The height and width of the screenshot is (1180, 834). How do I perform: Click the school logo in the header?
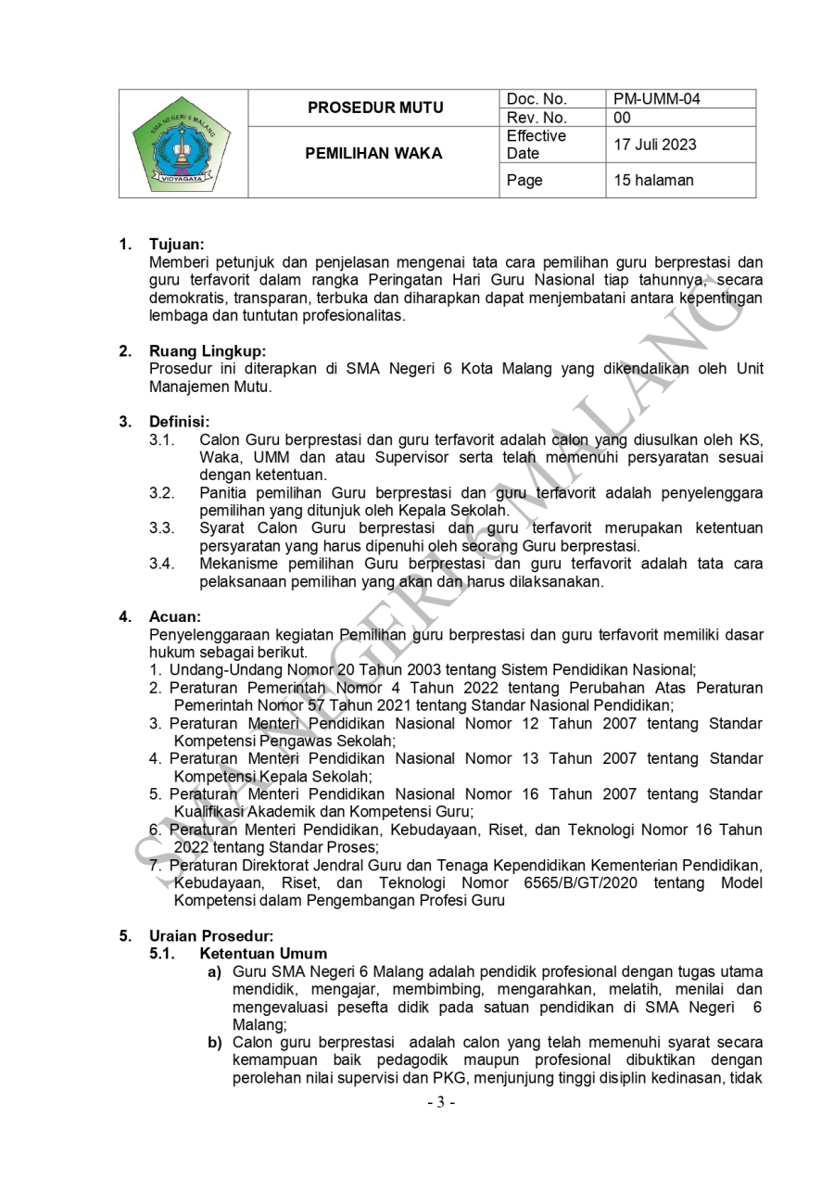183,144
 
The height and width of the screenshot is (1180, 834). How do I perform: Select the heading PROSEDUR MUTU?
375,108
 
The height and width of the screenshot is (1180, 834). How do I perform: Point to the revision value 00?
622,118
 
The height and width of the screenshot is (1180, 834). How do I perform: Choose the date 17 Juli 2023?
655,145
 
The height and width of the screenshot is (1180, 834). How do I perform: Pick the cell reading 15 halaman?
652,181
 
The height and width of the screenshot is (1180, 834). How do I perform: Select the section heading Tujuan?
177,246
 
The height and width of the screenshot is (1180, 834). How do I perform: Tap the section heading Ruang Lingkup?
208,351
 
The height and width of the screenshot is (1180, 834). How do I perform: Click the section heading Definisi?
180,422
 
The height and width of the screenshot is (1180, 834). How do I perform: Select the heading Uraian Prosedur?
211,936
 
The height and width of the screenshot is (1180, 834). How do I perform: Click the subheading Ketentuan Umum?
263,954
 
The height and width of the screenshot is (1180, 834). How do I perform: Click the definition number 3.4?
162,564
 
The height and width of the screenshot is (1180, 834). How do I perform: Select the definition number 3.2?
162,492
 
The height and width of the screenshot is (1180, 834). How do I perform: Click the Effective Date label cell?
536,145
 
